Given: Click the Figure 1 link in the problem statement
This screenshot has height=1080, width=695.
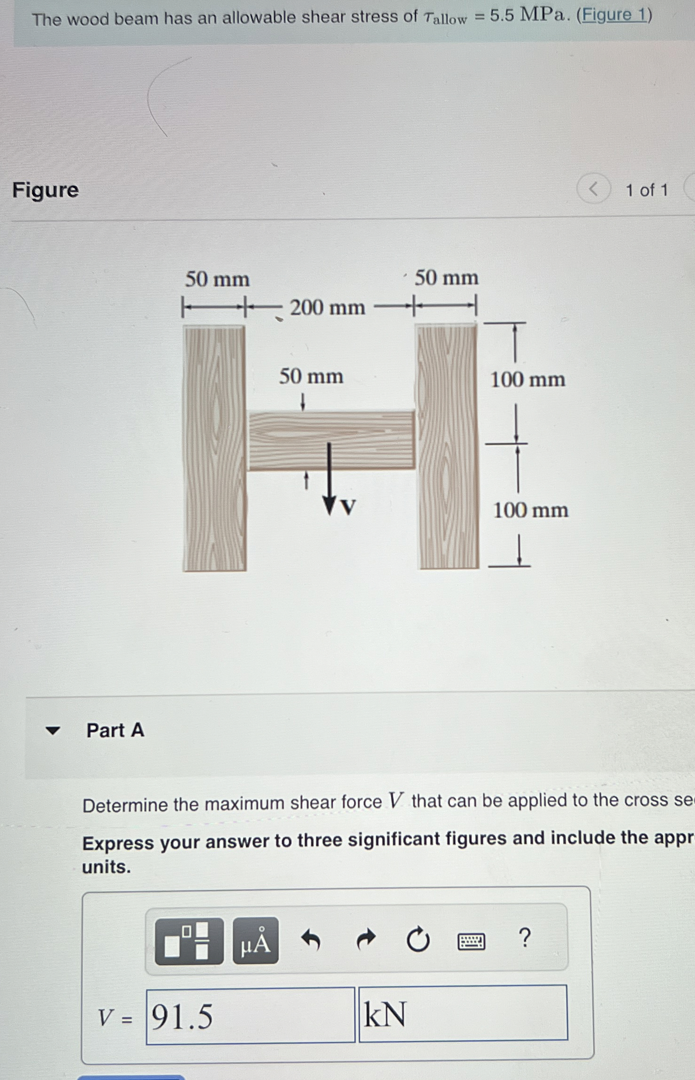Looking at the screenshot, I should point(613,15).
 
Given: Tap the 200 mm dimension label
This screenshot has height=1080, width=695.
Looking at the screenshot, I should point(327,308).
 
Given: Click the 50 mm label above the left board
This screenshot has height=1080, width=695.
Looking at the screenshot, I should point(217,279).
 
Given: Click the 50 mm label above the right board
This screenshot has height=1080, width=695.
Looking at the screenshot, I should point(446,278).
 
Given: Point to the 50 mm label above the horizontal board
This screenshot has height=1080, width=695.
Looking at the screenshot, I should point(311,377).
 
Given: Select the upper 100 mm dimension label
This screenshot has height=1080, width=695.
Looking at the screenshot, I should point(527,380).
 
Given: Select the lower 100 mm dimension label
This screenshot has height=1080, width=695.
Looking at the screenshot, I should point(530,510).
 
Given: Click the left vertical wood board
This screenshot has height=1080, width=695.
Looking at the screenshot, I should point(214,448).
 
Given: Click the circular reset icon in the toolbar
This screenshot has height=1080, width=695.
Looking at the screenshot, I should point(418,940).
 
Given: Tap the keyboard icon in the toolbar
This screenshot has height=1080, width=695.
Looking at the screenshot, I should point(471,941).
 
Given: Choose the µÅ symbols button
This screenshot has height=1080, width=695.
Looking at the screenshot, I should point(255,941).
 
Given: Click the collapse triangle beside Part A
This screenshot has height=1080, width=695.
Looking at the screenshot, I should point(53,730).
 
